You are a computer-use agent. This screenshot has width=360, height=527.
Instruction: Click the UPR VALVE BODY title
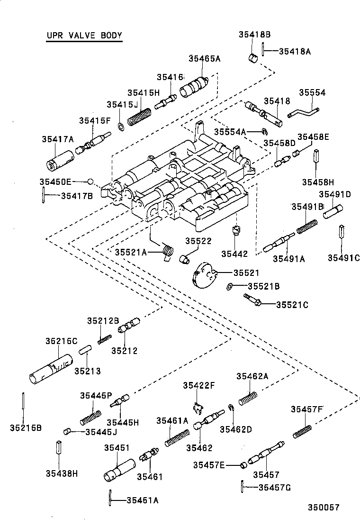[84, 36]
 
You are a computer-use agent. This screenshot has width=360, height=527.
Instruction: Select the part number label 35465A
[204, 59]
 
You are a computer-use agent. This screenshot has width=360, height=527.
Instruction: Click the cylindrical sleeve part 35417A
[60, 160]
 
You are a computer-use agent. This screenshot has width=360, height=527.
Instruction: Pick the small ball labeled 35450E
[90, 182]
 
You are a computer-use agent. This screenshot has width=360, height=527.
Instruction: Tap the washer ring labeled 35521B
[229, 286]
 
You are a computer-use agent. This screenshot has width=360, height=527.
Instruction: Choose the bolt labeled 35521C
[252, 300]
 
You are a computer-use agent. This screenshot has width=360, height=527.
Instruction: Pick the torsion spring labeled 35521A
[167, 251]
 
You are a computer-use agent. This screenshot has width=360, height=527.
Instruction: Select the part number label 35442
[236, 254]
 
